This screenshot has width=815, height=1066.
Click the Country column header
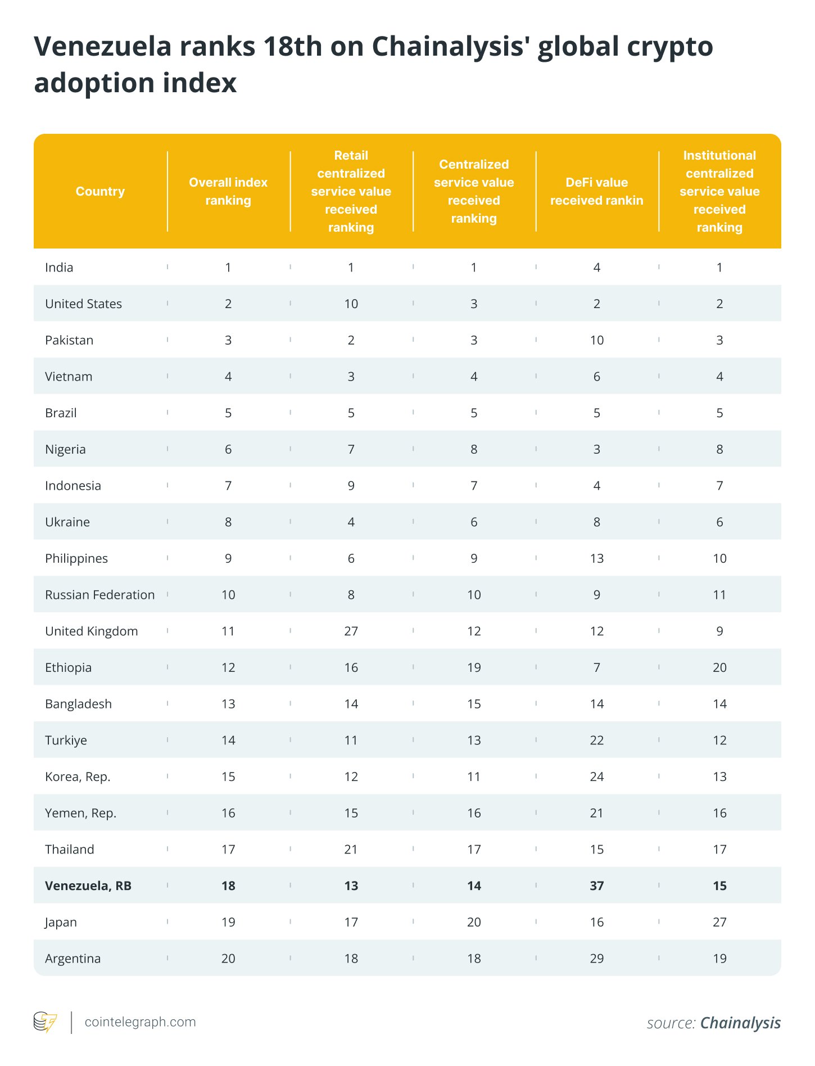click(100, 191)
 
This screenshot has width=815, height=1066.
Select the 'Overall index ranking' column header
click(228, 191)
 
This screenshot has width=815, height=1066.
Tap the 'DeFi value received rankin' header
click(596, 191)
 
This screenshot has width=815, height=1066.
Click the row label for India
click(59, 267)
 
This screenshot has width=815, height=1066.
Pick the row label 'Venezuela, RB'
click(88, 886)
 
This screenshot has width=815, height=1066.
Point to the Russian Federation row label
click(99, 595)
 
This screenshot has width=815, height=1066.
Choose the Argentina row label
click(73, 959)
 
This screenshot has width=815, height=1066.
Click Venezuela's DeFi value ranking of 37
click(596, 886)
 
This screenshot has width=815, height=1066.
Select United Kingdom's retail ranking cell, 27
click(351, 631)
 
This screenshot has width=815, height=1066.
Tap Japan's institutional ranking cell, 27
click(719, 922)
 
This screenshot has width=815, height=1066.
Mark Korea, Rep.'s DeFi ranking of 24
click(596, 776)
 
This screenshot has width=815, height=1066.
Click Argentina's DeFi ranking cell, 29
click(596, 959)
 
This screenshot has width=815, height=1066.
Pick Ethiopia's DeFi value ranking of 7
click(596, 667)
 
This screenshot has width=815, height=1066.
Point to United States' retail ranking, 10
click(351, 304)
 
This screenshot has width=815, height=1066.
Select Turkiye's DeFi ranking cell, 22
click(596, 740)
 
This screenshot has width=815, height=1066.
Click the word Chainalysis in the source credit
click(740, 1023)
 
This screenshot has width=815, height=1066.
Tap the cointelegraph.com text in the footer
click(140, 1022)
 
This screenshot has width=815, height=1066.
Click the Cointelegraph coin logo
click(45, 1022)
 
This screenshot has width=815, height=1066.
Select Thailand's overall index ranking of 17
click(228, 849)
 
